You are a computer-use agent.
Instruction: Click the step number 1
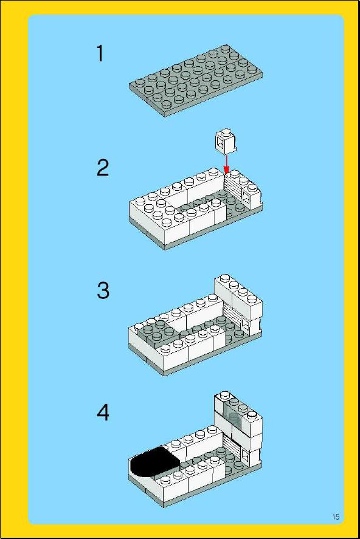tap(100, 53)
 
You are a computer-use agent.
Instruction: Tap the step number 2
tap(103, 168)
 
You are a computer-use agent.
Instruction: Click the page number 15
tap(336, 517)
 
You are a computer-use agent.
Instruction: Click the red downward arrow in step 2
tap(226, 164)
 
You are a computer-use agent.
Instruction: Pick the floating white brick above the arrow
tap(226, 141)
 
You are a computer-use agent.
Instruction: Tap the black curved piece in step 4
tap(154, 462)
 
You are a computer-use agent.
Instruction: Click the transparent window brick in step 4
tap(234, 415)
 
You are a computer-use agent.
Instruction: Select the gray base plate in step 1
tap(196, 81)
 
